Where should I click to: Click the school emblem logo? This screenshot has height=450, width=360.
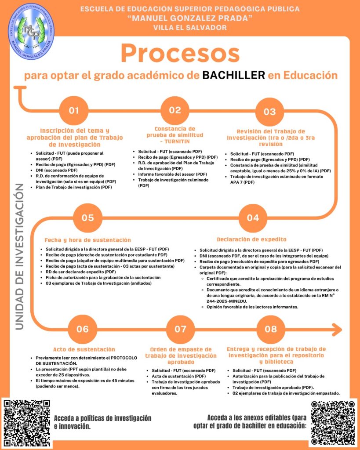(31, 31)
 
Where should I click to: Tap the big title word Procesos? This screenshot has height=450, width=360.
(180, 54)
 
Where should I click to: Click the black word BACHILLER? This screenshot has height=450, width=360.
(234, 75)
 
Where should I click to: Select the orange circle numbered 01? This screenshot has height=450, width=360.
(74, 110)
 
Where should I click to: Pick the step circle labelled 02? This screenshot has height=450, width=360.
(175, 110)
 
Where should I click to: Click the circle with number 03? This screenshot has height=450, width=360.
(269, 112)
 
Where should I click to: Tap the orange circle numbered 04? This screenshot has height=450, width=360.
(253, 218)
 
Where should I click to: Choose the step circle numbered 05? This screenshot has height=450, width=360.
(87, 218)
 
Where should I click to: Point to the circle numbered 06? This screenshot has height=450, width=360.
(83, 329)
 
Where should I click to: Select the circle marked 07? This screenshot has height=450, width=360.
(181, 329)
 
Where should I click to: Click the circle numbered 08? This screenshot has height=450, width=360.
(271, 329)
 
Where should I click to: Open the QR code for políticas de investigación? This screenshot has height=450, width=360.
(27, 423)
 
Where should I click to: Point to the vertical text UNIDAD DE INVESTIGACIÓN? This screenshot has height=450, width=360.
(19, 257)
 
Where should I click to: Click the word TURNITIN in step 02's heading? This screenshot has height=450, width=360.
(177, 142)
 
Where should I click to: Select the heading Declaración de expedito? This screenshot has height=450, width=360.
(251, 240)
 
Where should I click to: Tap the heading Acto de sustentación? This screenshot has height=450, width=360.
(84, 349)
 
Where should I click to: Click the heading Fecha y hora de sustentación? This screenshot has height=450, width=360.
(87, 240)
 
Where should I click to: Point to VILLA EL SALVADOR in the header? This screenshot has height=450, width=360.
(190, 28)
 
